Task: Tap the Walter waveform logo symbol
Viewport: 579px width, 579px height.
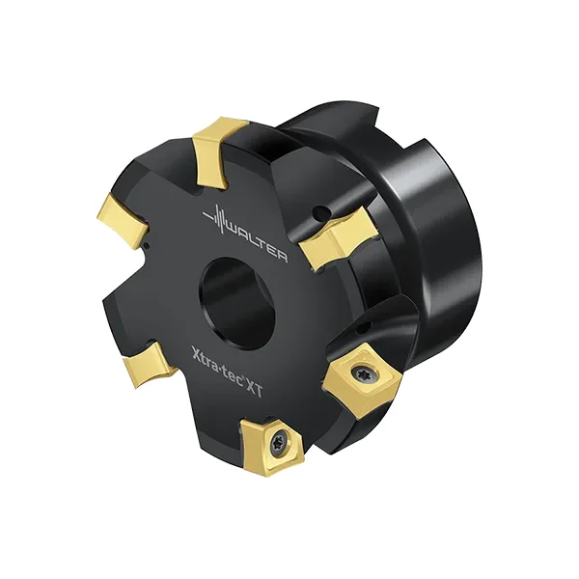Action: [x=217, y=218]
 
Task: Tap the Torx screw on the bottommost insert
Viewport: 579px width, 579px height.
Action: [x=276, y=441]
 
